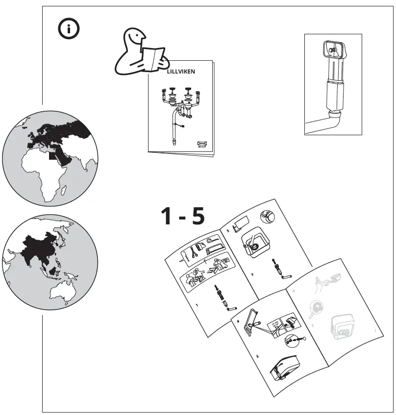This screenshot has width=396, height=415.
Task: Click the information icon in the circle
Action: click(69, 29)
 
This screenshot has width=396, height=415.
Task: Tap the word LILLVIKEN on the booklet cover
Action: click(181, 72)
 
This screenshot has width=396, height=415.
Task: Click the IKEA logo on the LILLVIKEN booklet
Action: click(202, 143)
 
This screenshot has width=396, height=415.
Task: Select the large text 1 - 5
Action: click(183, 216)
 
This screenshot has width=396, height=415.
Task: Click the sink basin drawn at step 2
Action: click(255, 244)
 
